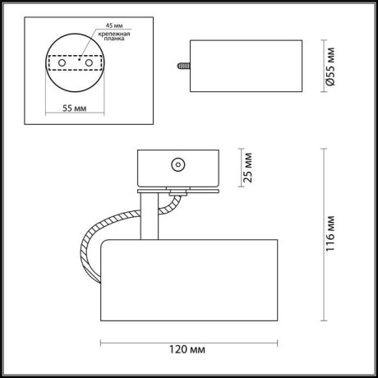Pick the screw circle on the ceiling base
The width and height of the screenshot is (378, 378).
tap(176, 164)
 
